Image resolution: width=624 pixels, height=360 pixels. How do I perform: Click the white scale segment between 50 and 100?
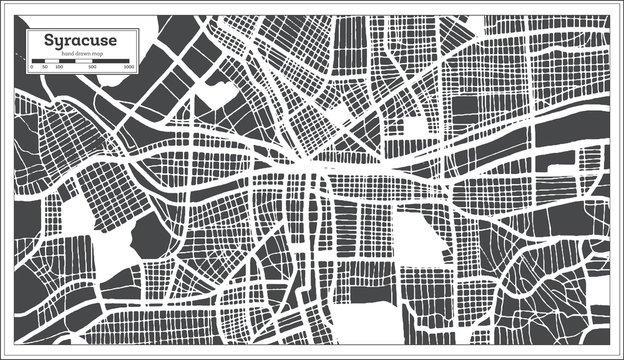coord(51,61)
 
